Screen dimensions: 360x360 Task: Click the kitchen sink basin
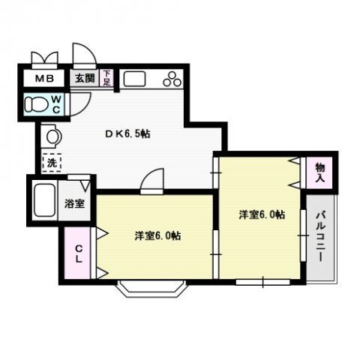136,78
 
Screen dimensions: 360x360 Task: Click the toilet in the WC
35,103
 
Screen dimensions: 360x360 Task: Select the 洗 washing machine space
51,160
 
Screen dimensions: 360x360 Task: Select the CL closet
76,254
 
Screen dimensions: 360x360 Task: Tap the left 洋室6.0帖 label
157,235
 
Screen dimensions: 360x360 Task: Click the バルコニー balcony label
320,235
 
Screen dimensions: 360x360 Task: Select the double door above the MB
44,58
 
